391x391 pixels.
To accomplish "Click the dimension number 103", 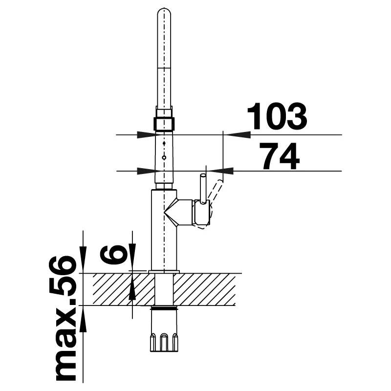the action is [277, 116].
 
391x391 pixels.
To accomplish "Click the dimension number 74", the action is [279, 156].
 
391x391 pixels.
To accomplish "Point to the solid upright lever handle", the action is [203, 189].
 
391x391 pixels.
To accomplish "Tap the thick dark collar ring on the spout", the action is [164, 123].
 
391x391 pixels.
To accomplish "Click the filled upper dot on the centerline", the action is [164, 143].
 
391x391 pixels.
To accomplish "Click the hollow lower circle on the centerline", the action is [164, 157].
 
